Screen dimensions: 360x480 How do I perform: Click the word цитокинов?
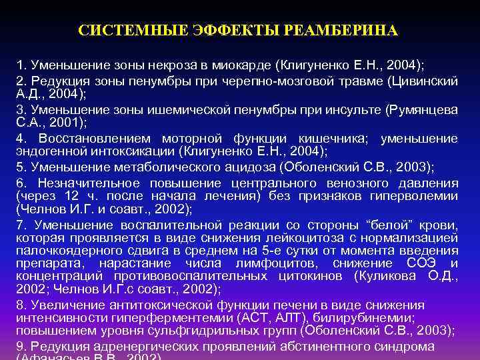click(315, 276)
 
